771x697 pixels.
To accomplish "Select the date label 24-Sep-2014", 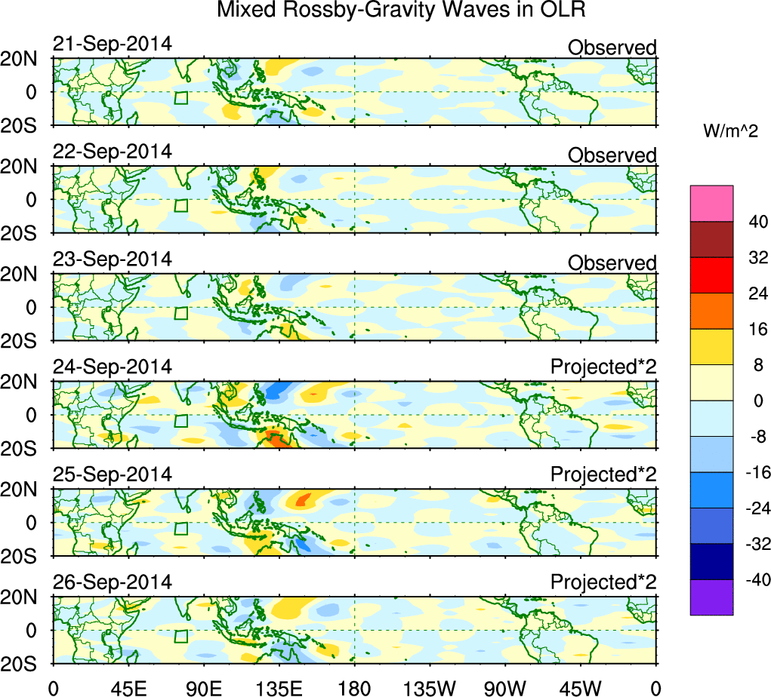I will (x=112, y=367).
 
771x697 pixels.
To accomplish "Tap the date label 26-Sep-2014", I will (x=112, y=582).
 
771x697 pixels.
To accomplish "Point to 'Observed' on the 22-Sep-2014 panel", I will (x=612, y=155).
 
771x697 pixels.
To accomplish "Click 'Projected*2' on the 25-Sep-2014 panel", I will (x=603, y=475).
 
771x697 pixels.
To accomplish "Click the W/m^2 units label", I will (x=730, y=131).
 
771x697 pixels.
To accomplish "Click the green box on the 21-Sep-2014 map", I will (x=180, y=98).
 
